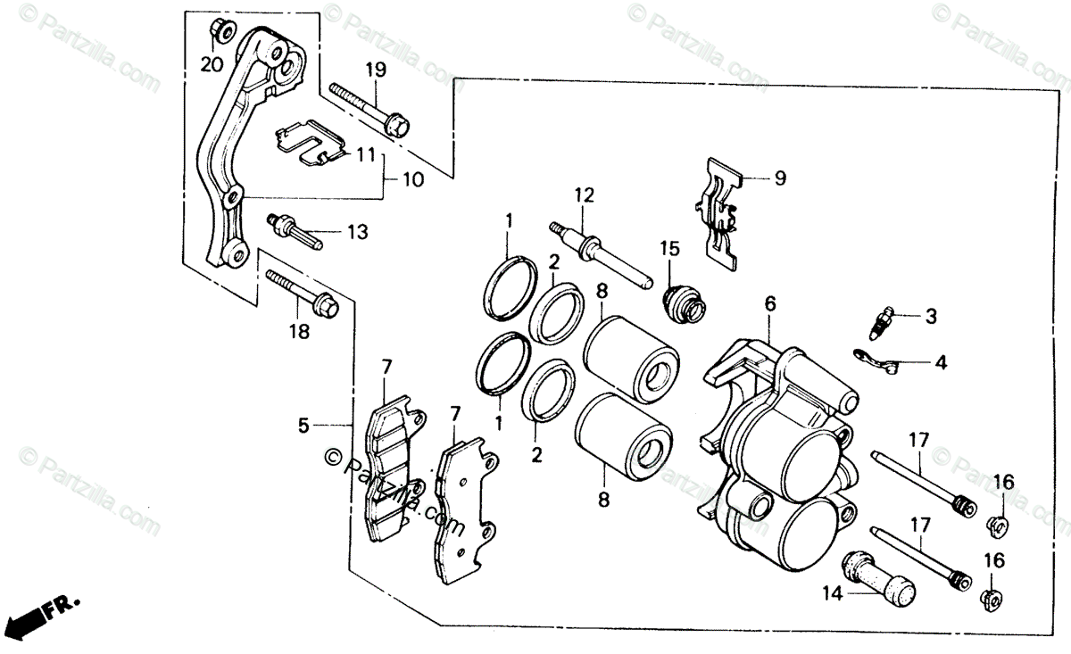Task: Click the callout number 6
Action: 769,304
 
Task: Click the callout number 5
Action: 304,426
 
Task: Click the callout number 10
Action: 412,178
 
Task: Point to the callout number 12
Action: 583,195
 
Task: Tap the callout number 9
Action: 779,178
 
